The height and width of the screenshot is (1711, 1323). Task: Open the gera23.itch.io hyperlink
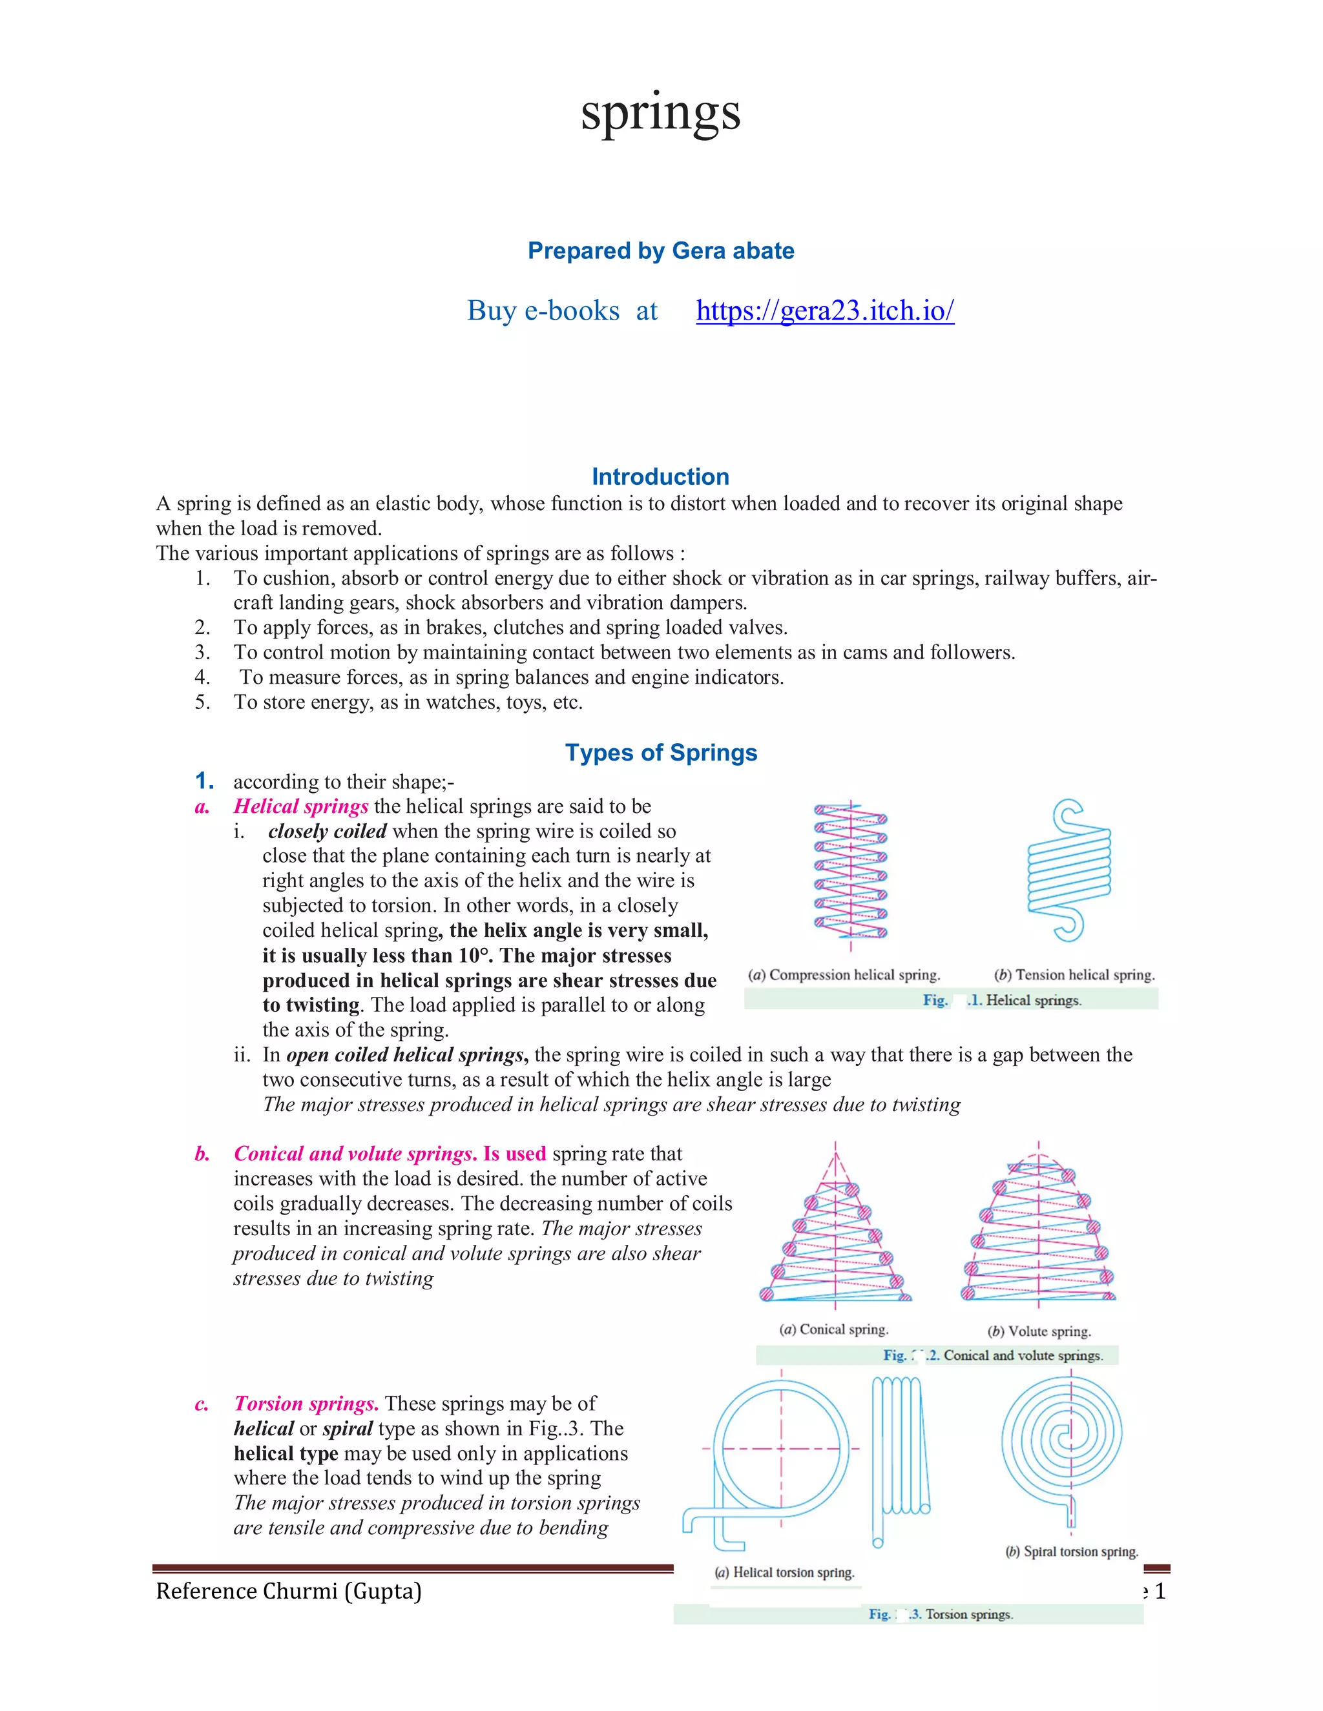824,311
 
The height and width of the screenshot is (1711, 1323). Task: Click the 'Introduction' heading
660,476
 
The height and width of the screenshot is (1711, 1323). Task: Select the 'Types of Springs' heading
661,752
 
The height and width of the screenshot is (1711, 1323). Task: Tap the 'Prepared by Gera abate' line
661,251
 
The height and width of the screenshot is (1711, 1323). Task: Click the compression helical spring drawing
850,871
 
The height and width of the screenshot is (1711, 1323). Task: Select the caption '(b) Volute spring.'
1039,1331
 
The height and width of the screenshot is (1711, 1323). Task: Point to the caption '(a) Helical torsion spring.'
784,1572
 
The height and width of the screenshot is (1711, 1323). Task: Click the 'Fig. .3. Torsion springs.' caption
941,1614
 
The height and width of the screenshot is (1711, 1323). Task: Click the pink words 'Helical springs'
301,806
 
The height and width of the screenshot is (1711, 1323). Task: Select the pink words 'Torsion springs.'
306,1403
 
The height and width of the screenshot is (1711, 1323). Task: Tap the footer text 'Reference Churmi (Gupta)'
288,1591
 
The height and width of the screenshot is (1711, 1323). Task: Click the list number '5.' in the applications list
202,702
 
